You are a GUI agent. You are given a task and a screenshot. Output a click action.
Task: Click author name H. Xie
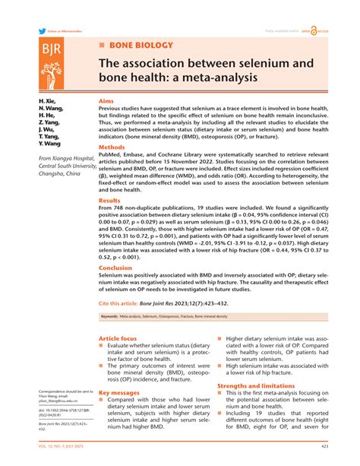[x=48, y=101]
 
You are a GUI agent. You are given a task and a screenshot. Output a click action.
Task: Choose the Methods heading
[x=112, y=147]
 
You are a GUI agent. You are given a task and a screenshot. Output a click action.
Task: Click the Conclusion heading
[x=115, y=268]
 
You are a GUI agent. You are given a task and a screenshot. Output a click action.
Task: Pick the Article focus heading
[x=118, y=338]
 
